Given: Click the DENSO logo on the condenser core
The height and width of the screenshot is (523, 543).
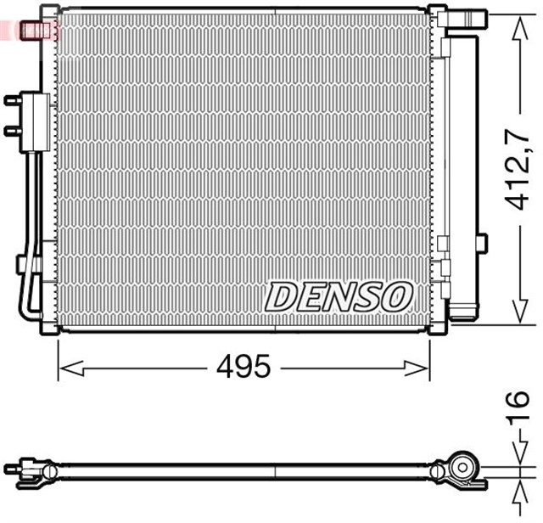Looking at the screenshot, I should coord(339,296).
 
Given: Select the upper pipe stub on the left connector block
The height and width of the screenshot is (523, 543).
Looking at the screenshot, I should coord(12,101).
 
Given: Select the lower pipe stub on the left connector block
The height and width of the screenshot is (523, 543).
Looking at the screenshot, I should coord(12,130).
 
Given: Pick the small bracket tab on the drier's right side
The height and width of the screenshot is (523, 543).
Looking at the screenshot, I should coord(483,244).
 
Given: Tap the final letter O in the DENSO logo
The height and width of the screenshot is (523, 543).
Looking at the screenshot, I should coord(397,296).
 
